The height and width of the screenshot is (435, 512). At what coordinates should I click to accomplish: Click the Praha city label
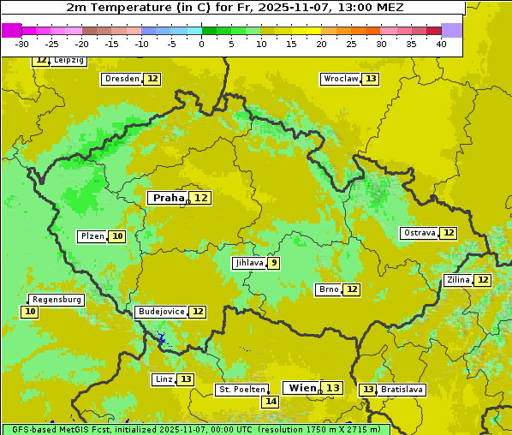(x=168, y=198)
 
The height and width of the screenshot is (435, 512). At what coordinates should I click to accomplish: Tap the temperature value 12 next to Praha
(x=200, y=198)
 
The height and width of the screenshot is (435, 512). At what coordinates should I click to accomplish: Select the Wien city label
(x=301, y=388)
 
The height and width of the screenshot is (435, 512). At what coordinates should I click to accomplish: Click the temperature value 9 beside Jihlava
(x=273, y=263)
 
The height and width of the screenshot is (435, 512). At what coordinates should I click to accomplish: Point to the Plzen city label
(x=92, y=236)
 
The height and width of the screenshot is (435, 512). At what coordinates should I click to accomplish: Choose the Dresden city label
(x=121, y=79)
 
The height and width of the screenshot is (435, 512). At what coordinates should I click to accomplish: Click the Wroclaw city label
(x=340, y=79)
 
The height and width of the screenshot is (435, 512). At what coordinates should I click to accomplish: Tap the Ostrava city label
(x=419, y=233)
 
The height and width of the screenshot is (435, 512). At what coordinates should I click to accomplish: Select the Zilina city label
(x=458, y=280)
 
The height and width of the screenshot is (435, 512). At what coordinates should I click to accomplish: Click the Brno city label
(x=328, y=289)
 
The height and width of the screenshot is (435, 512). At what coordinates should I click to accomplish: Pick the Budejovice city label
(x=160, y=312)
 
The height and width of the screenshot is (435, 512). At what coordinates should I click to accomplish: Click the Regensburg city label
(x=57, y=300)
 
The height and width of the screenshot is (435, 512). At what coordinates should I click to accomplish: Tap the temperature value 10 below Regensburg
(x=30, y=312)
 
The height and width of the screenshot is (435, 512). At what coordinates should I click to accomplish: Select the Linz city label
(x=164, y=379)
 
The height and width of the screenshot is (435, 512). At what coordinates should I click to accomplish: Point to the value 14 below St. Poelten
(x=271, y=401)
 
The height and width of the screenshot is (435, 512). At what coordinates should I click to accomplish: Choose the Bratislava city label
(x=402, y=390)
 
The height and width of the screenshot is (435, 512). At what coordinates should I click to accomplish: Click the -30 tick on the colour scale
(x=22, y=44)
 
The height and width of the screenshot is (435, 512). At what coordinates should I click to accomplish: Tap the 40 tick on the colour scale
(x=441, y=44)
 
